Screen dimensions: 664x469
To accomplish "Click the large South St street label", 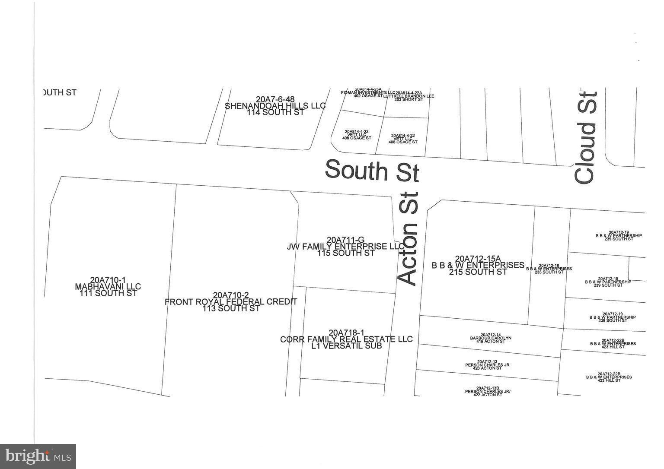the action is pyautogui.click(x=372, y=170).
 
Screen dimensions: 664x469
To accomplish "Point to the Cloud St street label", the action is pyautogui.click(x=586, y=137).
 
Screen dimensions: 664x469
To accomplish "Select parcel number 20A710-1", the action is pyautogui.click(x=108, y=280).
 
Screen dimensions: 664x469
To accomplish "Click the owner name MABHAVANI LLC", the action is pyautogui.click(x=108, y=286).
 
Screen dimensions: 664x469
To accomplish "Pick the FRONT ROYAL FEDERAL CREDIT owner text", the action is pyautogui.click(x=231, y=301).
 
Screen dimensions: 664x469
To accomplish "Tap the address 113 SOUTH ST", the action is pyautogui.click(x=231, y=308).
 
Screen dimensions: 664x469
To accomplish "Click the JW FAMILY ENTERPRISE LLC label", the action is pyautogui.click(x=345, y=246).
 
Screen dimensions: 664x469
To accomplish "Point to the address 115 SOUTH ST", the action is pyautogui.click(x=345, y=253).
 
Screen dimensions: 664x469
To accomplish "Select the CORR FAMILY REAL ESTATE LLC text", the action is pyautogui.click(x=346, y=339).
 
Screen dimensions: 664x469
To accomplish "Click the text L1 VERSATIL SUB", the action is pyautogui.click(x=346, y=345).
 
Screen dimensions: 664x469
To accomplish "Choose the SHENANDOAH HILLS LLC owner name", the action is pyautogui.click(x=275, y=106).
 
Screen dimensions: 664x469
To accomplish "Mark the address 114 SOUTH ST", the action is pyautogui.click(x=275, y=112).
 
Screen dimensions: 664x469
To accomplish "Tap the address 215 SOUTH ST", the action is pyautogui.click(x=478, y=272).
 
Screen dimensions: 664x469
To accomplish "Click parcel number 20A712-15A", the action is pyautogui.click(x=478, y=258).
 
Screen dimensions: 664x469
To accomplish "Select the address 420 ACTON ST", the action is pyautogui.click(x=487, y=368).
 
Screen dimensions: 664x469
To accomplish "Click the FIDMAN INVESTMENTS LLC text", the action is pyautogui.click(x=368, y=92).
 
